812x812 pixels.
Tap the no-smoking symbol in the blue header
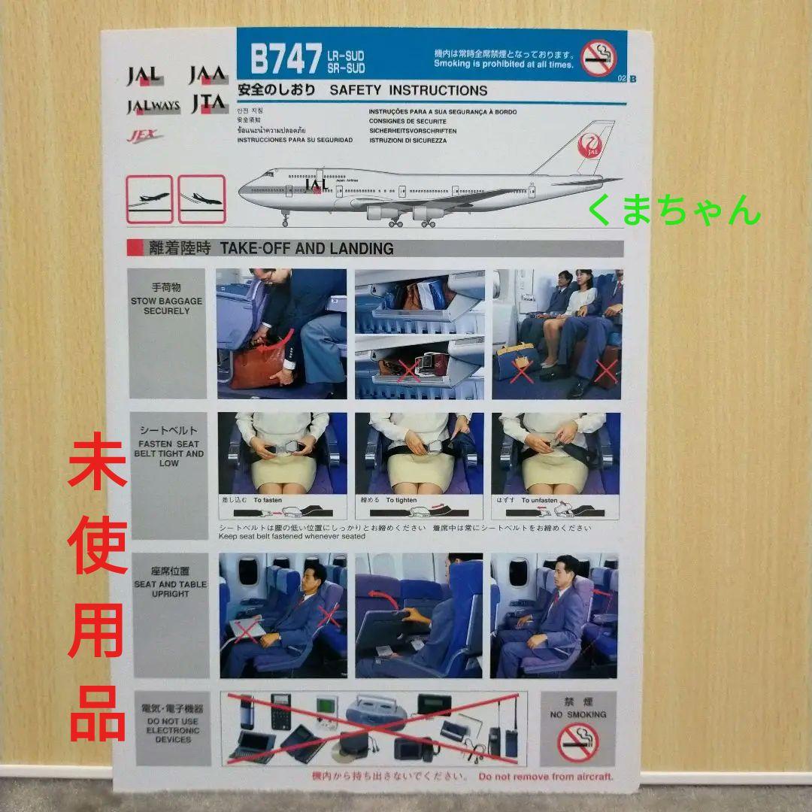click(598, 58)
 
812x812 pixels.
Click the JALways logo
click(153, 105)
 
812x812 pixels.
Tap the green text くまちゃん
click(674, 210)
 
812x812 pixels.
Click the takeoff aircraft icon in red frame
click(150, 199)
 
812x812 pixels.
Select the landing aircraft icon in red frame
click(201, 199)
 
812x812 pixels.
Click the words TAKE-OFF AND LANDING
click(306, 248)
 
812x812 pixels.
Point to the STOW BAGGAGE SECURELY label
click(166, 301)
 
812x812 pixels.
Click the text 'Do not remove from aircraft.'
click(545, 777)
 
